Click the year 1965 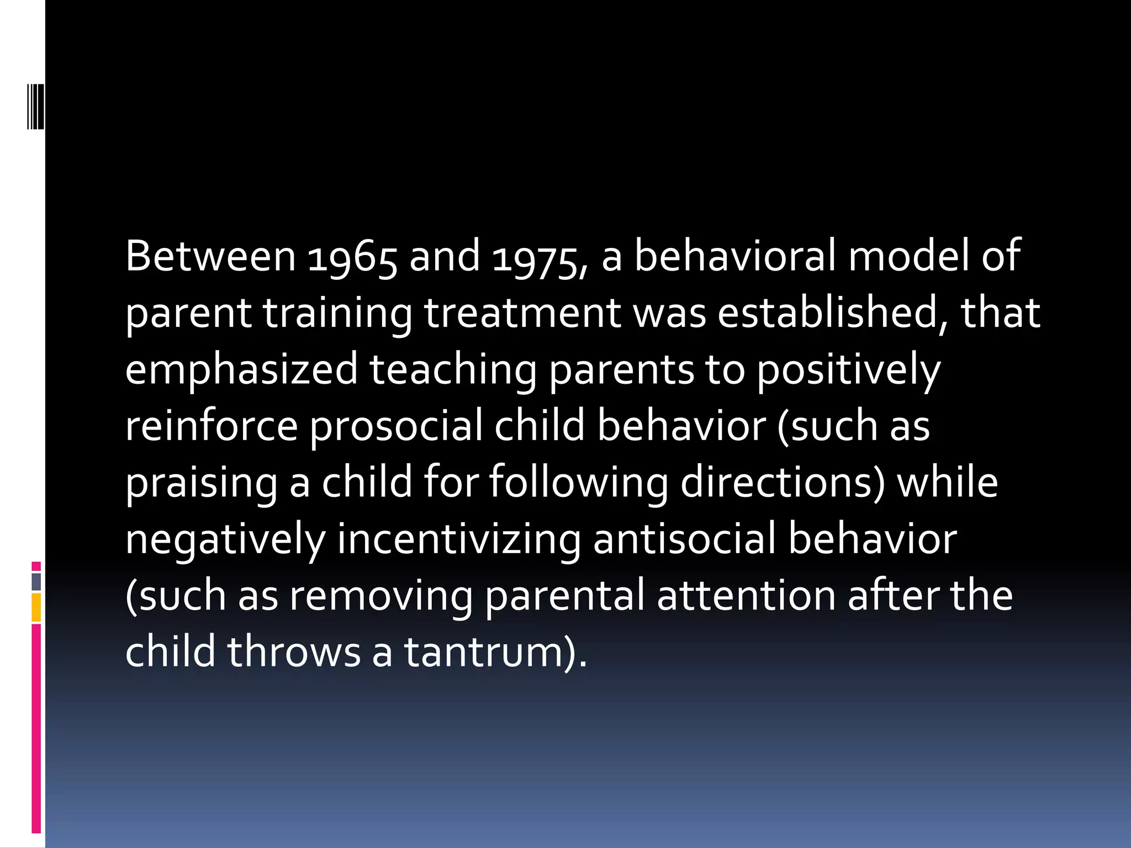pyautogui.click(x=352, y=257)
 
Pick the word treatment pyautogui.click(x=522, y=313)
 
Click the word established pyautogui.click(x=833, y=313)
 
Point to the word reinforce pyautogui.click(x=212, y=426)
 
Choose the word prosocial pyautogui.click(x=396, y=426)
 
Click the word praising pyautogui.click(x=201, y=483)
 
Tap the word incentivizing pyautogui.click(x=458, y=539)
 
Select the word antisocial pyautogui.click(x=685, y=539)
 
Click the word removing pyautogui.click(x=381, y=596)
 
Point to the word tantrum pyautogui.click(x=486, y=653)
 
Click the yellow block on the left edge pyautogui.click(x=36, y=607)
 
